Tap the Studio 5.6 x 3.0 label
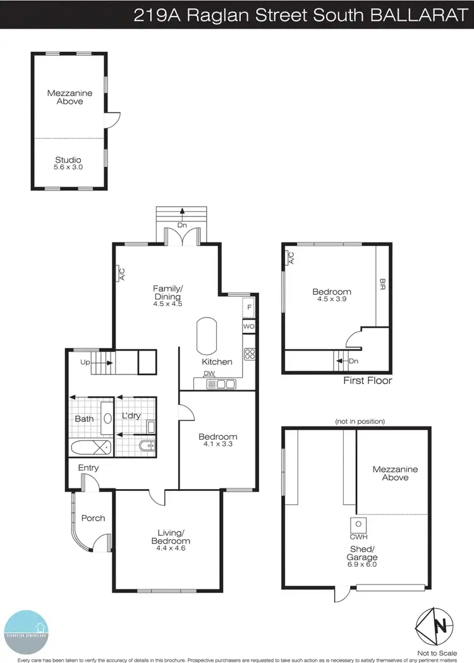(68, 163)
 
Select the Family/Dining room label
(167, 295)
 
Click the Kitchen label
(217, 362)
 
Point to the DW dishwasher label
(209, 374)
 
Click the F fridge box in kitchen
(250, 307)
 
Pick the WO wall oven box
(250, 326)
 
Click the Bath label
(84, 419)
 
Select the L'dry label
(131, 416)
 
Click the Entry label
(88, 468)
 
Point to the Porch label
(93, 518)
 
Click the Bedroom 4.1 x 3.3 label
(217, 440)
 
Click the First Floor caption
(367, 381)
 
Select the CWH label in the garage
(358, 538)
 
